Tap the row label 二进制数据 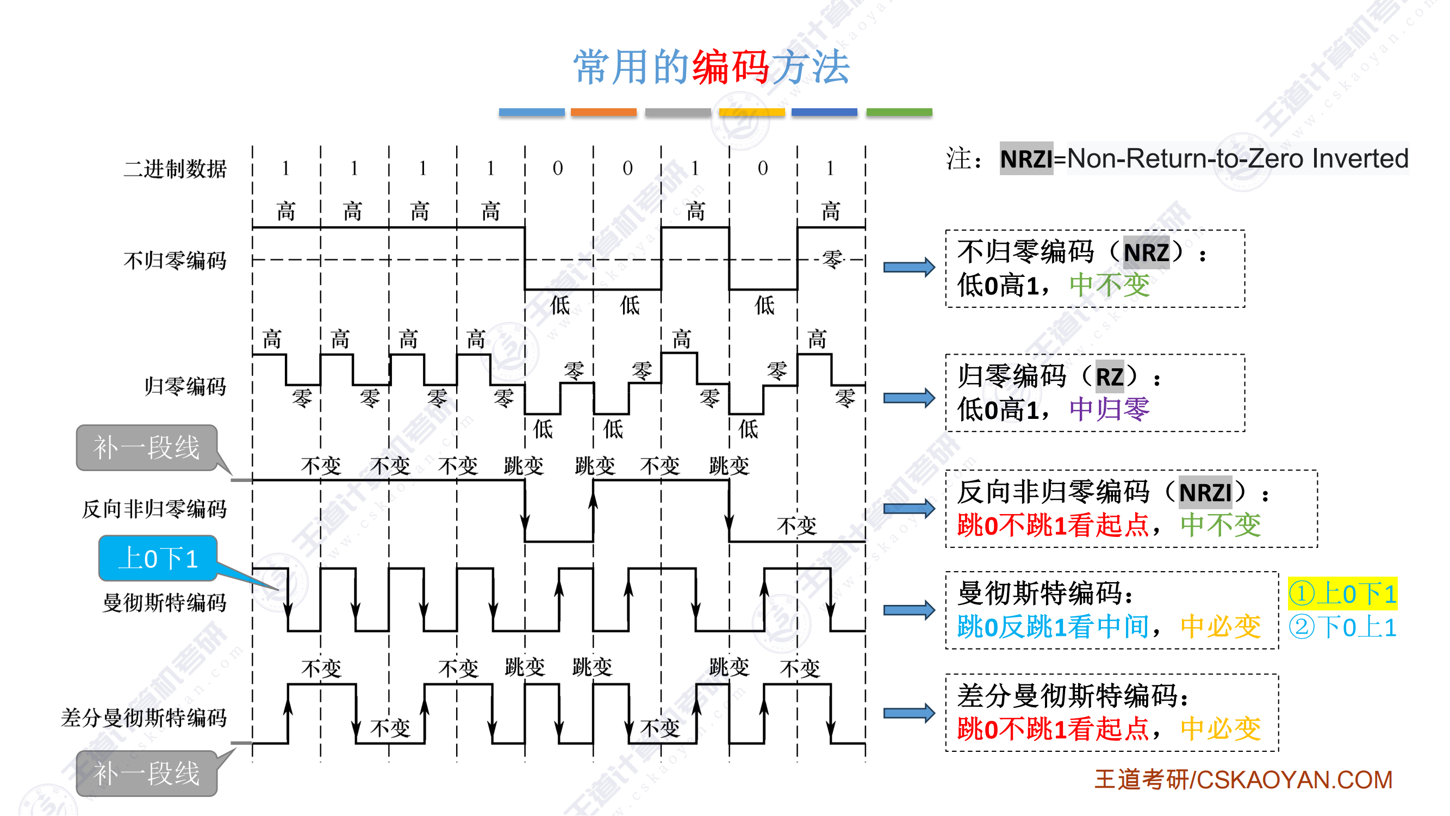pyautogui.click(x=175, y=169)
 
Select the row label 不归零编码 pyautogui.click(x=175, y=261)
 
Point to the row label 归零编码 pyautogui.click(x=185, y=386)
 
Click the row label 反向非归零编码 pyautogui.click(x=154, y=509)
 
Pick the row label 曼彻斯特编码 pyautogui.click(x=164, y=603)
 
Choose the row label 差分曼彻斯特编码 pyautogui.click(x=144, y=718)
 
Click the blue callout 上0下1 pyautogui.click(x=158, y=559)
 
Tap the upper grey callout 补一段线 pyautogui.click(x=146, y=448)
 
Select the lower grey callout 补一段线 pyautogui.click(x=146, y=774)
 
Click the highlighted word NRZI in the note pyautogui.click(x=1026, y=159)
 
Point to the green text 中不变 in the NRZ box pyautogui.click(x=1109, y=285)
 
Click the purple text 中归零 pyautogui.click(x=1109, y=410)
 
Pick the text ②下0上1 pyautogui.click(x=1342, y=627)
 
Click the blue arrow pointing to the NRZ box pyautogui.click(x=908, y=267)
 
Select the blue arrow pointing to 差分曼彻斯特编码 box pyautogui.click(x=908, y=714)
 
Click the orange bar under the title pyautogui.click(x=603, y=112)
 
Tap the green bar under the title pyautogui.click(x=899, y=112)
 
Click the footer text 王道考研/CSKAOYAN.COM pyautogui.click(x=1243, y=780)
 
